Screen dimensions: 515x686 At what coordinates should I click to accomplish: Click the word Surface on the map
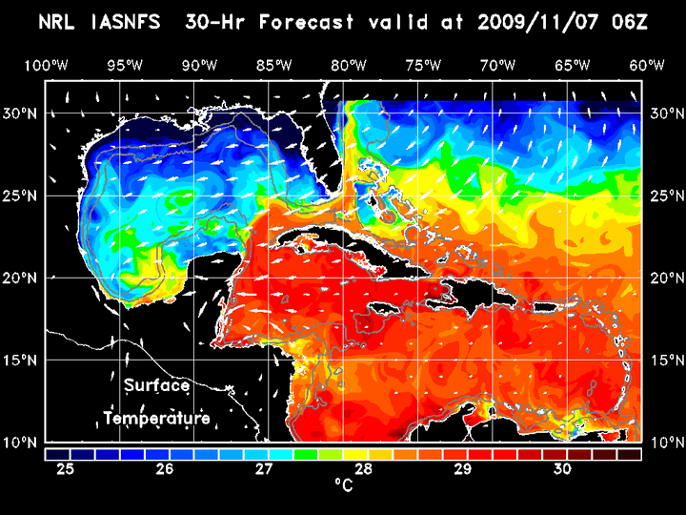click(x=156, y=386)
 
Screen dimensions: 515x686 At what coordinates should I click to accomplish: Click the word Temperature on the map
click(x=156, y=419)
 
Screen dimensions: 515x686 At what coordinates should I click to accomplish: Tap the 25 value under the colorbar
click(x=67, y=469)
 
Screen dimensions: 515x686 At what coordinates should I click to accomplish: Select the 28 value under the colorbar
click(x=364, y=469)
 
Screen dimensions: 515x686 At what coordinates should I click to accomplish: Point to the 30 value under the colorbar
click(x=562, y=469)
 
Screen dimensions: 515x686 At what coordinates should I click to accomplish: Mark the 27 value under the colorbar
click(x=265, y=469)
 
